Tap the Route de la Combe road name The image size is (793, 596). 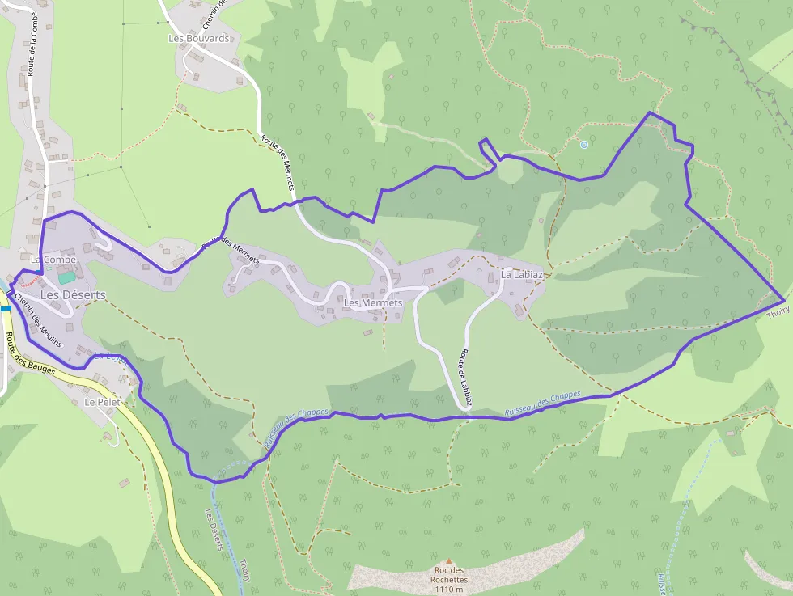[x=32, y=49]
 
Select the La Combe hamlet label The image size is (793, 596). [x=47, y=260]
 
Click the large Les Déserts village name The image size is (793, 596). [x=73, y=295]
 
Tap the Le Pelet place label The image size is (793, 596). [x=101, y=402]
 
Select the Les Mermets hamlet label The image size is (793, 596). [x=372, y=303]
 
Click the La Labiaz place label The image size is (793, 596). [x=521, y=275]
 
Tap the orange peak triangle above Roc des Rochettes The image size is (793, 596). [x=448, y=560]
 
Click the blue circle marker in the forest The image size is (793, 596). [x=583, y=145]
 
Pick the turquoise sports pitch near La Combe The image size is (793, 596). [x=66, y=277]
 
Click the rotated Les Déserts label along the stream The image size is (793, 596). [x=214, y=530]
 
